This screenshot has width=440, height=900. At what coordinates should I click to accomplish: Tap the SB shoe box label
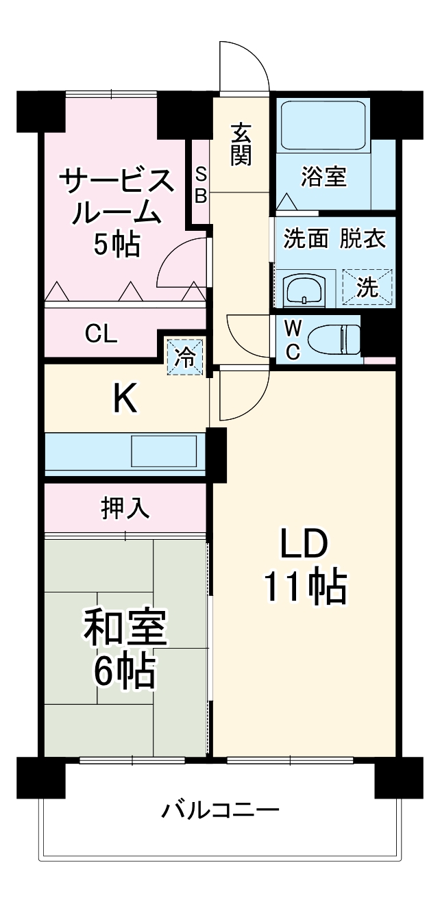click(x=200, y=184)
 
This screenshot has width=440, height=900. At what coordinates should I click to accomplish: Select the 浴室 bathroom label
click(x=323, y=177)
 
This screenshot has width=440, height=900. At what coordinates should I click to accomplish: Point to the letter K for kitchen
click(x=125, y=399)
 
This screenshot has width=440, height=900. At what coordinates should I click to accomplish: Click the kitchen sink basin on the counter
click(x=164, y=451)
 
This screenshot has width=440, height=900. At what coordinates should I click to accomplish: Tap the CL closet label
click(x=101, y=334)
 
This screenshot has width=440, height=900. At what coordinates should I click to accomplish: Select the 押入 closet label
click(x=125, y=508)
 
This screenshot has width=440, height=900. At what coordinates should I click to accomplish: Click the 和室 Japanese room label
click(x=125, y=629)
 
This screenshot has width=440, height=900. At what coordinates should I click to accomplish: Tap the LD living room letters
click(x=304, y=546)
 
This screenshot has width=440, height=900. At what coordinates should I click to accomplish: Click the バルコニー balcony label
click(x=220, y=812)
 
